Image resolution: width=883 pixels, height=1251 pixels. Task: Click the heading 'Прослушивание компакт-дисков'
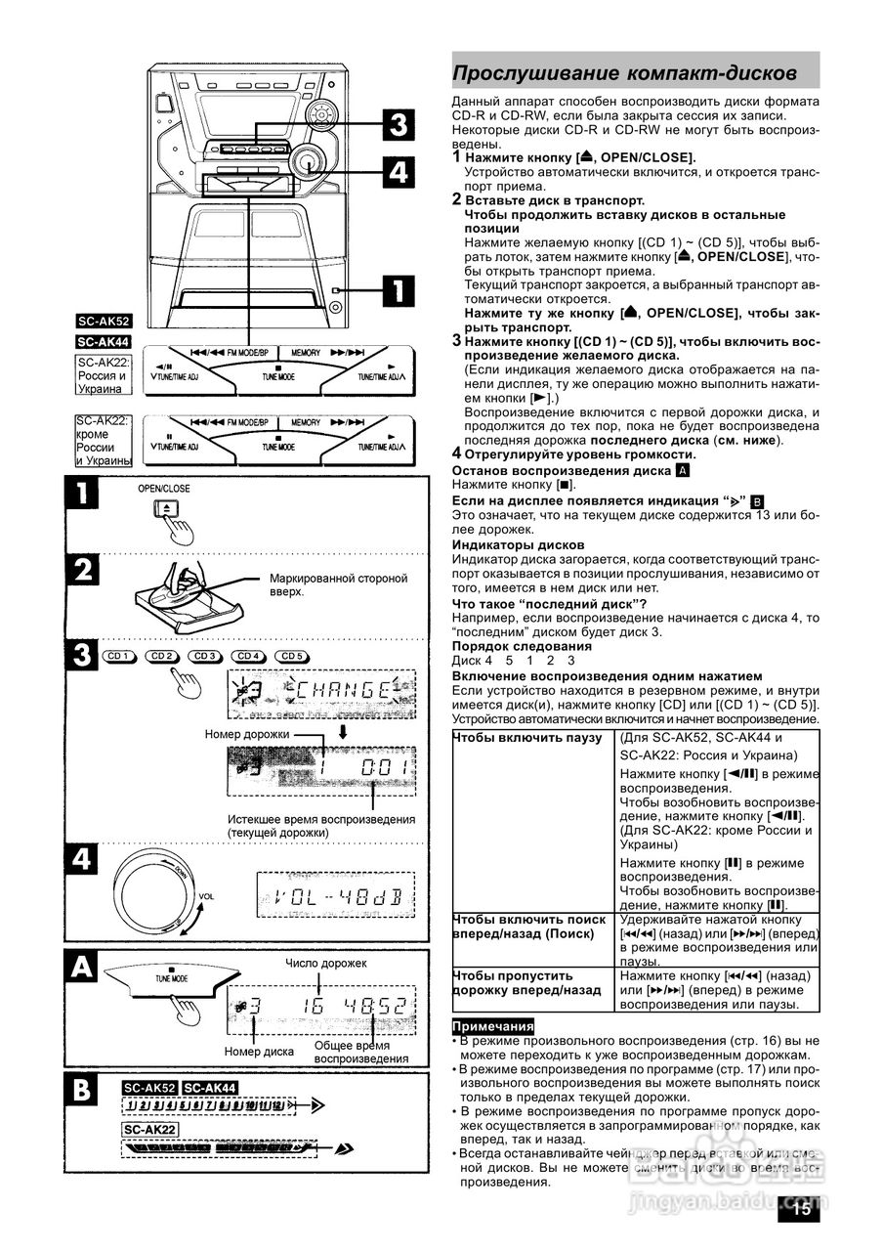(x=625, y=74)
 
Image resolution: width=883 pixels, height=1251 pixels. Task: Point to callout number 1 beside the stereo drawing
(x=398, y=289)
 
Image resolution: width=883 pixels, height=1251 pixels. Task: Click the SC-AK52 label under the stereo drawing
(x=105, y=321)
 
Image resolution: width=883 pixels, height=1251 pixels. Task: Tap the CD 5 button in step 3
(x=291, y=656)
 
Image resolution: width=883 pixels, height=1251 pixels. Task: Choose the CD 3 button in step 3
(x=205, y=656)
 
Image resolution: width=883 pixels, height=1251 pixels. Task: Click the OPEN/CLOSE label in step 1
(x=164, y=489)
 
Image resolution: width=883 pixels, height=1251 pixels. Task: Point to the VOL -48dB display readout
(x=334, y=895)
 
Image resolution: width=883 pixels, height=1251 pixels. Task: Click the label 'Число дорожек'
(x=326, y=964)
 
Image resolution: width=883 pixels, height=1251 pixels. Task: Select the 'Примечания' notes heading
(x=493, y=1026)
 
